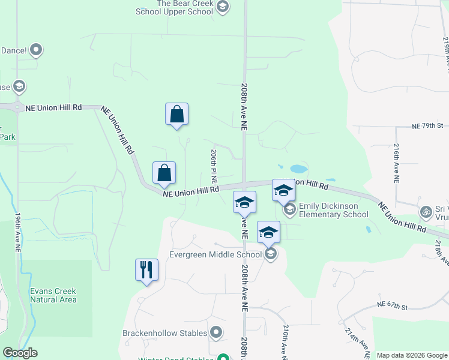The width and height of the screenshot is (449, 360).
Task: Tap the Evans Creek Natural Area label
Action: tap(53, 295)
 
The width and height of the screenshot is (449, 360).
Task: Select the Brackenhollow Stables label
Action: tap(164, 332)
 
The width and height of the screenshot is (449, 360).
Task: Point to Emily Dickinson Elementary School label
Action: tap(333, 210)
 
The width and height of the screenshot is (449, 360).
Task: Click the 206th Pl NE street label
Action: tap(214, 167)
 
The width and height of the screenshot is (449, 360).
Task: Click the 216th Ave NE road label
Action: tap(397, 163)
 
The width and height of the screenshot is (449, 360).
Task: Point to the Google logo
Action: tap(20, 353)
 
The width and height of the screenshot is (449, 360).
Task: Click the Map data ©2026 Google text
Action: tap(412, 355)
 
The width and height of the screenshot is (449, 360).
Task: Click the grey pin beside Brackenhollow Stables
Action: tap(217, 332)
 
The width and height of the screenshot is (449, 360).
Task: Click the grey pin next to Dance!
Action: tap(36, 50)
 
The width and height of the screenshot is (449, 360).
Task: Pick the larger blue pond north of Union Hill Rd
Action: tap(298, 169)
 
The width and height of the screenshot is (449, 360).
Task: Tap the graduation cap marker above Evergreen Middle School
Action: tap(269, 232)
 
